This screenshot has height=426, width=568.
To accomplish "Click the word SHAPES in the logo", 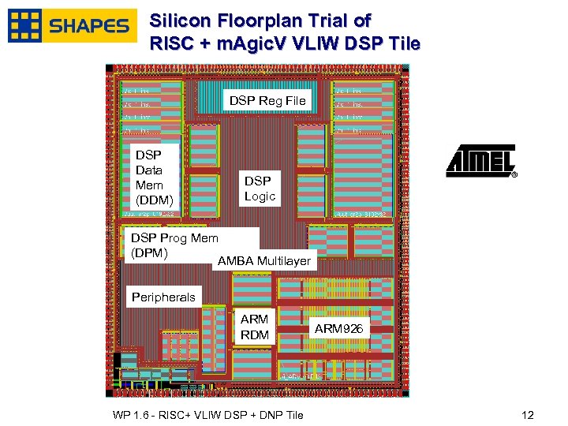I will click(88, 26).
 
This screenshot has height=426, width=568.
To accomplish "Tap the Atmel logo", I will click(480, 161).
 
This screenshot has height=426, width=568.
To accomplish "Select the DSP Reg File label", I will click(267, 101).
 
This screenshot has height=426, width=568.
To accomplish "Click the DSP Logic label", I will click(260, 189).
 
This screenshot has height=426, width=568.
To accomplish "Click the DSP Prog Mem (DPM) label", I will click(174, 245).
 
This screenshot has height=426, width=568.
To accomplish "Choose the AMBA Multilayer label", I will click(264, 260).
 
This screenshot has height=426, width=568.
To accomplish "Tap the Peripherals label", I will click(163, 297).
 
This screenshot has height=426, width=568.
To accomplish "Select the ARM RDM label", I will click(254, 327).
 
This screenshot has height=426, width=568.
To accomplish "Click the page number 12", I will click(528, 416).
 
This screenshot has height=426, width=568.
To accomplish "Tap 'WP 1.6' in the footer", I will click(129, 416).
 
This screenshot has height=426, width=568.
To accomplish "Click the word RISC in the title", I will click(171, 44).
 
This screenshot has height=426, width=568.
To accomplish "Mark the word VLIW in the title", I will click(316, 44).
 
